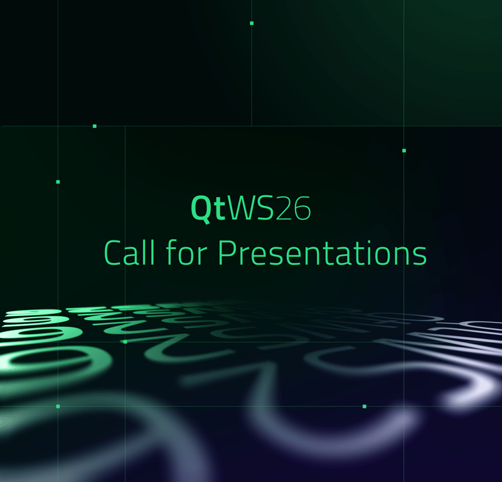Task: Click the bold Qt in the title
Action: (x=208, y=209)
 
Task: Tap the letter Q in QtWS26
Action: (x=201, y=209)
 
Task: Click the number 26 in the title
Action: (x=293, y=209)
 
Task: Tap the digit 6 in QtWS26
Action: (x=302, y=209)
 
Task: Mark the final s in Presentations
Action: (x=420, y=255)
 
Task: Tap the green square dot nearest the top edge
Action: (x=252, y=23)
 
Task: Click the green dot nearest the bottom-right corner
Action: (x=364, y=406)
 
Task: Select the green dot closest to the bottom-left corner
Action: (x=58, y=406)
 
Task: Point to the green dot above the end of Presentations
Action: (x=404, y=151)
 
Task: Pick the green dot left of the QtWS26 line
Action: (x=58, y=182)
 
